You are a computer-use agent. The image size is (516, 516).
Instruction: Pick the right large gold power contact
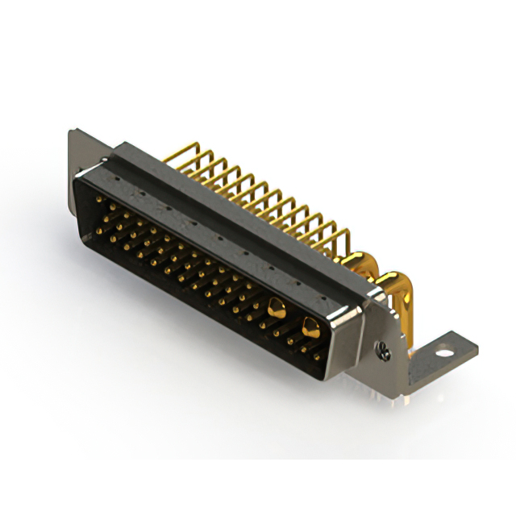pos(310,326)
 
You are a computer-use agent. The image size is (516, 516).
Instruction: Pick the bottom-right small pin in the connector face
pos(316,354)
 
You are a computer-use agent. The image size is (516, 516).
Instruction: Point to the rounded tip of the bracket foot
pos(474,348)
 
